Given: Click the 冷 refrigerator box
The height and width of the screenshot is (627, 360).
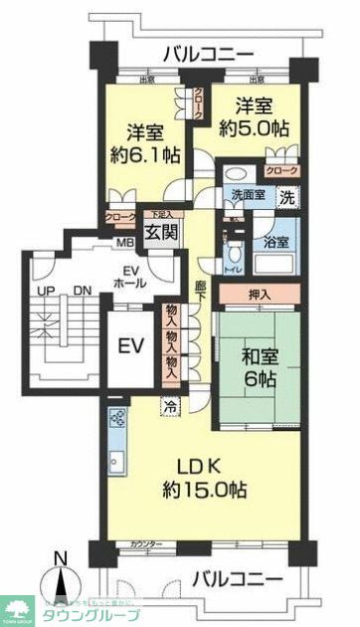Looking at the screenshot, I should point(169,407).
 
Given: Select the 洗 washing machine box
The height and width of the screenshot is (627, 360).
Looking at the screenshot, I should point(286,196).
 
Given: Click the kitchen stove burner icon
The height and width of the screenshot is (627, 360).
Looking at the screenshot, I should point(116,419).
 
